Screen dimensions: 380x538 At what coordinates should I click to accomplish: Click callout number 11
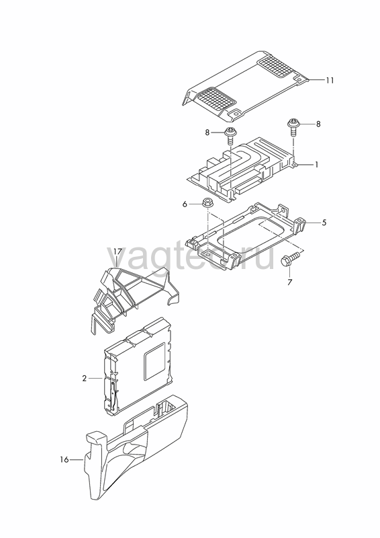330,80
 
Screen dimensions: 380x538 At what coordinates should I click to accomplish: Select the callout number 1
317,165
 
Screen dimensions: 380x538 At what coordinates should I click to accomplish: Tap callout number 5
324,223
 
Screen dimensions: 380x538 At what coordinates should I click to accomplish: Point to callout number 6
185,204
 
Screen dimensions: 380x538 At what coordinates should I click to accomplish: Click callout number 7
289,282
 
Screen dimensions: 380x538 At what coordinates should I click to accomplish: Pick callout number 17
117,252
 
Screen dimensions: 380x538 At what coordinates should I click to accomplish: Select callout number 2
85,379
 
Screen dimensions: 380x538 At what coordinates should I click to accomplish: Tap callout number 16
64,459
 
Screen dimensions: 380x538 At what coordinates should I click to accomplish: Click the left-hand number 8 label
207,132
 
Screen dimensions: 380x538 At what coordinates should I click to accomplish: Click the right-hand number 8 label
318,124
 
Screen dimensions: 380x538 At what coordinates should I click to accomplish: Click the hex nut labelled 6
207,202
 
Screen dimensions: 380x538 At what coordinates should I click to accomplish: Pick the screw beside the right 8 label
292,126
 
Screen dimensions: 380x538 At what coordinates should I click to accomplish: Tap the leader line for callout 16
77,460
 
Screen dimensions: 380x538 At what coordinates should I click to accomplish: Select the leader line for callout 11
316,80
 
